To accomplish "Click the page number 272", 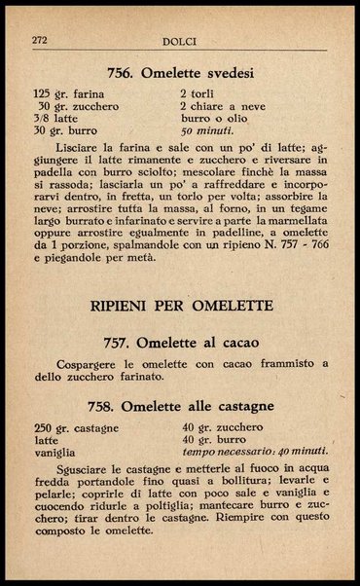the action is point(41,41).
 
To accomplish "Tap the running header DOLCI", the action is point(181,42).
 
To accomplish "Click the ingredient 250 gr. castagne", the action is point(76,427).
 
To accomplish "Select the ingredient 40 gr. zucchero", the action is point(221,427).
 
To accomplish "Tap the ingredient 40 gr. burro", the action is point(211,440).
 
